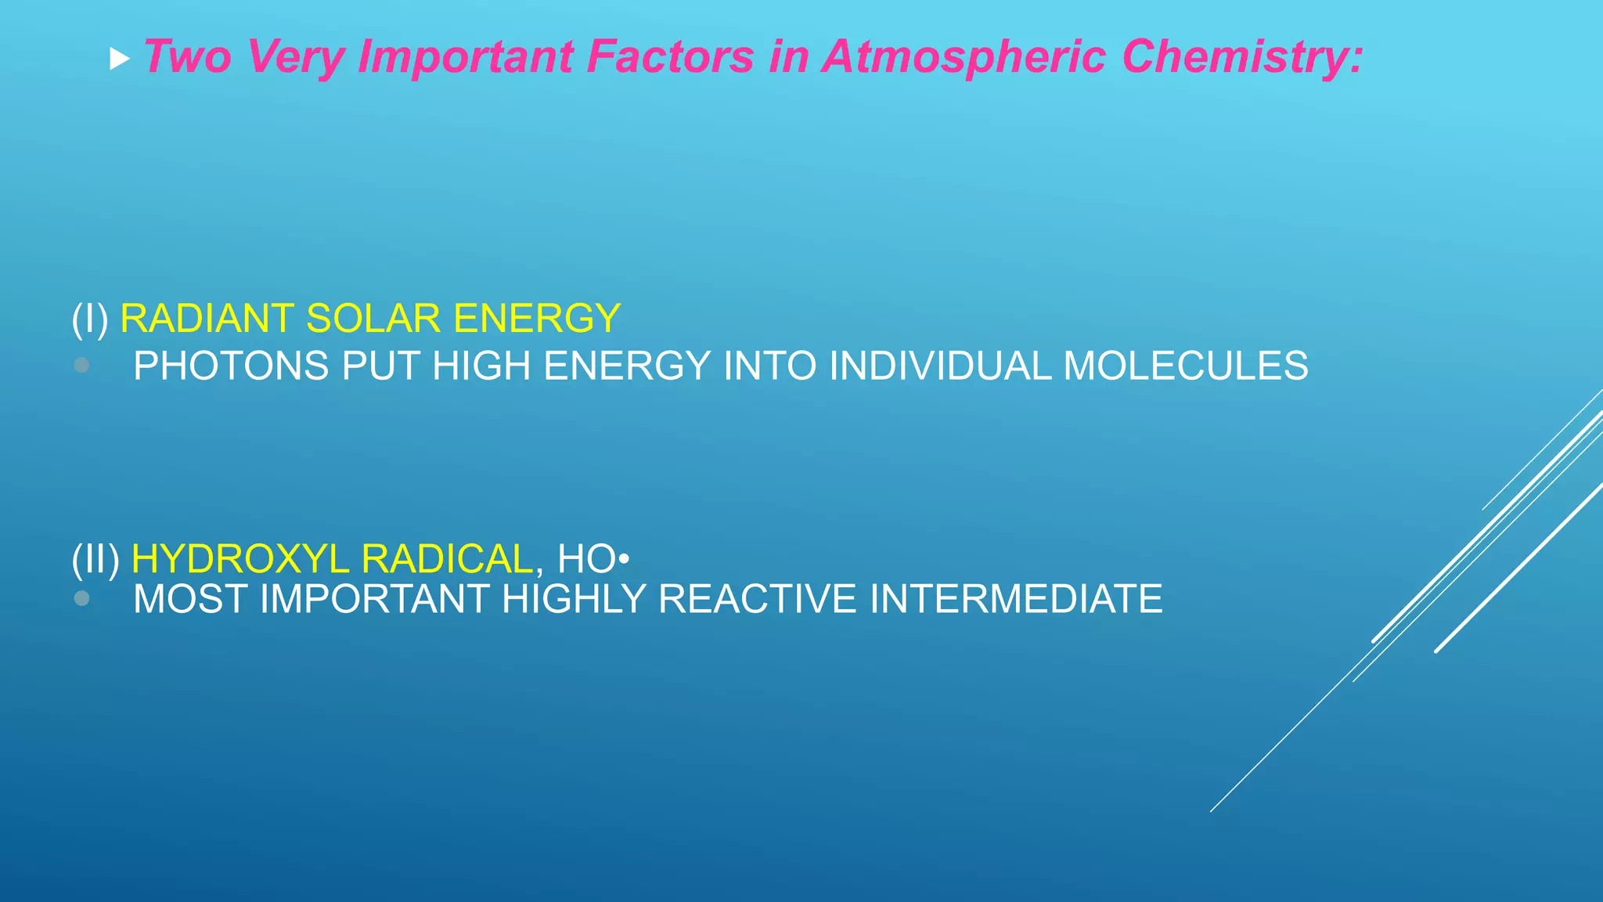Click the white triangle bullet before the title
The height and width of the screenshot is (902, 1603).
[x=119, y=59]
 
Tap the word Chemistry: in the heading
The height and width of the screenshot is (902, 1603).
[x=1242, y=57]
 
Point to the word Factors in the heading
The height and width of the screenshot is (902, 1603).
[x=670, y=57]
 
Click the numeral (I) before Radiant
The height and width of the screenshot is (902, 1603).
[x=90, y=319]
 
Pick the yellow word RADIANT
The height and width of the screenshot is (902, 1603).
[x=206, y=319]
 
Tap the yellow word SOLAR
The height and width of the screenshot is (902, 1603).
[x=373, y=319]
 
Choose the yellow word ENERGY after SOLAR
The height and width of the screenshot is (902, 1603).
[x=537, y=319]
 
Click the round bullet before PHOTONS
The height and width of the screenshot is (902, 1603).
[x=81, y=365]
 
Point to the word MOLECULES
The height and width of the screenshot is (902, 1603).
[x=1185, y=366]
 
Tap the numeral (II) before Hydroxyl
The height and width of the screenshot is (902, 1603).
[x=95, y=559]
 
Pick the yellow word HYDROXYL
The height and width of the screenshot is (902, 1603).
[x=240, y=559]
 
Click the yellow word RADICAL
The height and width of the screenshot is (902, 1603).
[x=448, y=559]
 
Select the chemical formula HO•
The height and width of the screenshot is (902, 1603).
[x=593, y=559]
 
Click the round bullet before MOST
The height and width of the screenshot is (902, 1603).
[x=81, y=598]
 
